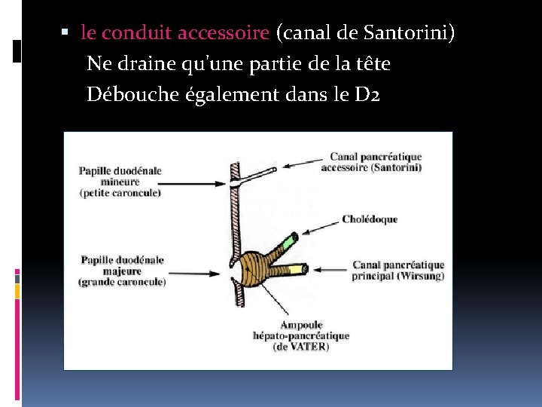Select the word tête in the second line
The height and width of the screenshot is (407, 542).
pos(374,64)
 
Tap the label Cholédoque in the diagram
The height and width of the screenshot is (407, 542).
pos(369,219)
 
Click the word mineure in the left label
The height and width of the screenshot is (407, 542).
pos(100,182)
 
